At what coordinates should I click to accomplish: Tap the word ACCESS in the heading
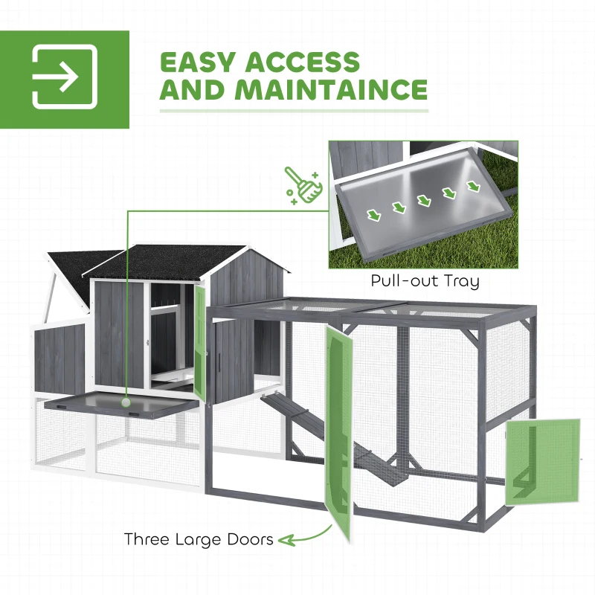coord(303,62)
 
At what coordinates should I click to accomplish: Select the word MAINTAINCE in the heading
coord(331,89)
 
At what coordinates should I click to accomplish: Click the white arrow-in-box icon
coord(65,77)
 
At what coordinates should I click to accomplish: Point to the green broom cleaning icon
coord(303,185)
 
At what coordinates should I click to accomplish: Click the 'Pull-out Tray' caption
coord(425,281)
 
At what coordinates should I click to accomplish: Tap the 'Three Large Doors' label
coord(199,538)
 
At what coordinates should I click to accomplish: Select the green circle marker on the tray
coord(126,402)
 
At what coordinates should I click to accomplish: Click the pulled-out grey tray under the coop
coord(120,405)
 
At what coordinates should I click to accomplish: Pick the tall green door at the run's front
coord(338,433)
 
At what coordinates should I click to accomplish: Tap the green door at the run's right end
coord(543,462)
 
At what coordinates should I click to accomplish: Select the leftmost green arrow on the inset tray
coord(374,215)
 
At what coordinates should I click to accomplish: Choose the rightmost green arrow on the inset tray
coord(473,186)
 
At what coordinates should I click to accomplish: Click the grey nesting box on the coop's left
coord(59,358)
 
